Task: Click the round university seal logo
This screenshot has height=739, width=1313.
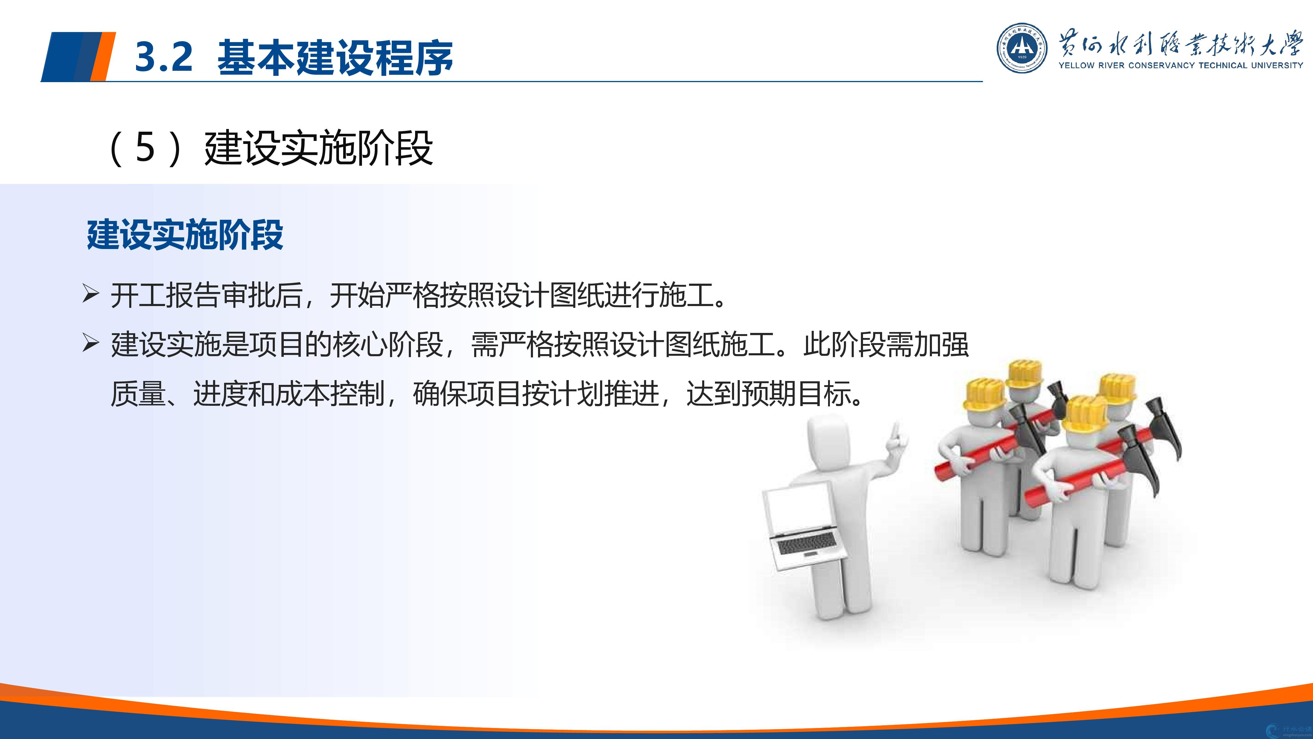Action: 1022,48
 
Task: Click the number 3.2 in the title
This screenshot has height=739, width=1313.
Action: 164,57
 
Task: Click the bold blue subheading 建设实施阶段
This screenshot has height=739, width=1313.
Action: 185,235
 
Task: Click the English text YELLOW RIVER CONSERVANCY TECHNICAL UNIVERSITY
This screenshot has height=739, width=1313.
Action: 1181,65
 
